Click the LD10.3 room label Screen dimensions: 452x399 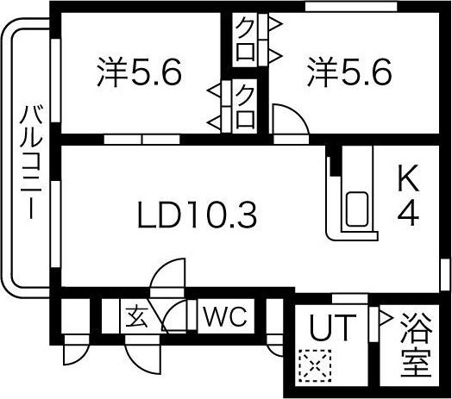point(198,215)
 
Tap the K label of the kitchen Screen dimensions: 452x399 point(408,178)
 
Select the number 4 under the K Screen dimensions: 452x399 point(408,214)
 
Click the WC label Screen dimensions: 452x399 point(225,316)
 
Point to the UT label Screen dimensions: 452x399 point(332,327)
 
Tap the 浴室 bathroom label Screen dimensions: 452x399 point(417,345)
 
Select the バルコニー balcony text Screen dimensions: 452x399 point(31,163)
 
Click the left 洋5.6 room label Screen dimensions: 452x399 point(139,72)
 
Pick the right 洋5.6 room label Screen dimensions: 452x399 point(349,72)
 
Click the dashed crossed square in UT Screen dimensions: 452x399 point(315,365)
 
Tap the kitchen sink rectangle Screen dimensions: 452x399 point(357,209)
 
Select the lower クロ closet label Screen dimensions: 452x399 point(245,107)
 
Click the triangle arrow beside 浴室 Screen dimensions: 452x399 point(386,318)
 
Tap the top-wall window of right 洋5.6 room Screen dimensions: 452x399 point(351,7)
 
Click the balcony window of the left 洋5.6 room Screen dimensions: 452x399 point(55,80)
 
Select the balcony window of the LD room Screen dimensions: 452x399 point(55,224)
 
